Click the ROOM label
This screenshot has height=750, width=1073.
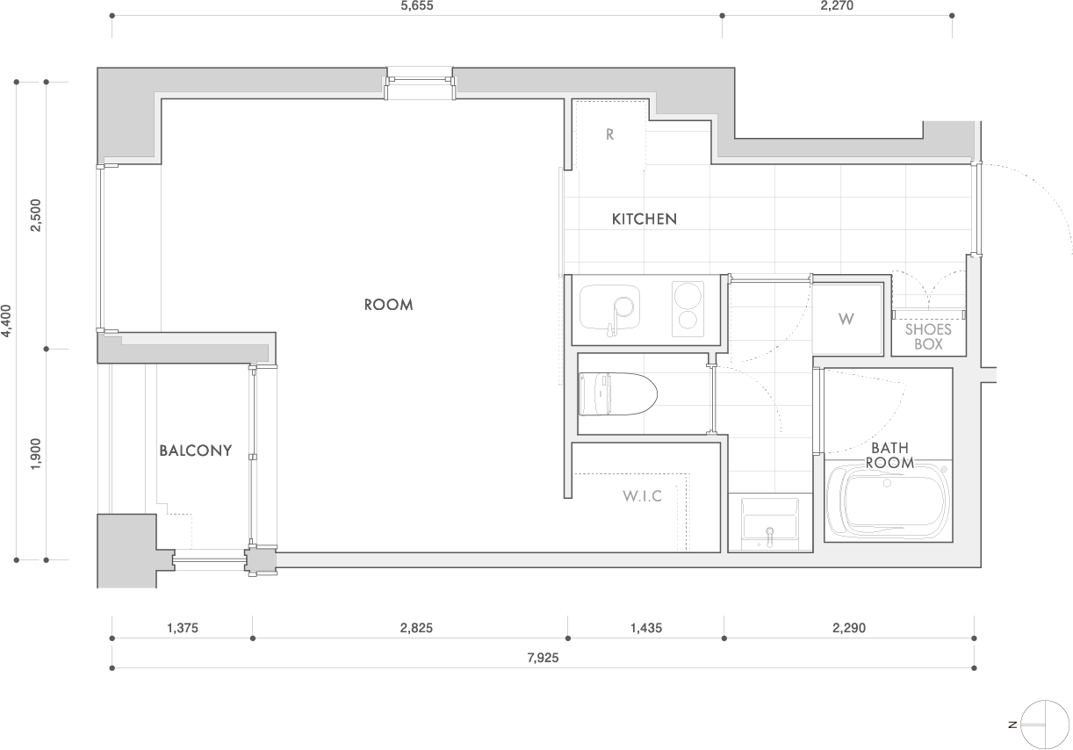(388, 305)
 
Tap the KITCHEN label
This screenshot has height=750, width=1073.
(645, 219)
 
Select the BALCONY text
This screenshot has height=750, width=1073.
(196, 451)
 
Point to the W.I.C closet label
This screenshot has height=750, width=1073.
(643, 496)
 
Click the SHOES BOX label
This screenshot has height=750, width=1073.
(928, 336)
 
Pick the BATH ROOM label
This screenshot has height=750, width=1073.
(889, 455)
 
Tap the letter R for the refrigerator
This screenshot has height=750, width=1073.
(609, 134)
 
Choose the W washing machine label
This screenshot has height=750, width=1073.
(846, 319)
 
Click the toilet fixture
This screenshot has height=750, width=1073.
(618, 394)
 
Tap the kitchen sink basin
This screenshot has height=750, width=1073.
(609, 307)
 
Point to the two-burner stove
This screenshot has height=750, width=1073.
(688, 309)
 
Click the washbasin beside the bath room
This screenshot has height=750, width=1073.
(770, 523)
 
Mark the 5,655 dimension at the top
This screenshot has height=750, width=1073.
(417, 6)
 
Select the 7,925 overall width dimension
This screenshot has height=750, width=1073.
(543, 658)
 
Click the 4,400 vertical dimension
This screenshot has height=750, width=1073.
(6, 321)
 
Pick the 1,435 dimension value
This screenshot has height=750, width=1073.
(646, 628)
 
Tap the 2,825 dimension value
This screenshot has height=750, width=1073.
(416, 628)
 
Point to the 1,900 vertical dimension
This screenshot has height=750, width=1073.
(36, 454)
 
